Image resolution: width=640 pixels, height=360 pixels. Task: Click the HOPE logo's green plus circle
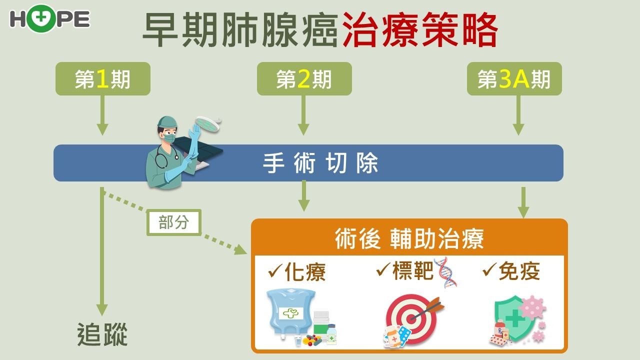click(x=41, y=18)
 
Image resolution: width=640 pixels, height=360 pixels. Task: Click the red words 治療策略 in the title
click(x=419, y=30)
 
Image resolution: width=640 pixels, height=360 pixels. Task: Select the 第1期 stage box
click(x=103, y=79)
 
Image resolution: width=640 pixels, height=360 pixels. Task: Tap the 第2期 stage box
click(x=304, y=79)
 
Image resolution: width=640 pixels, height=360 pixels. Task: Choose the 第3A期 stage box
click(x=514, y=79)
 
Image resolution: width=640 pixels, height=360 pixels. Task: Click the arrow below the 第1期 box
click(x=102, y=115)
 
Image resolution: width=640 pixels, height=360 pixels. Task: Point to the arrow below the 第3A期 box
click(x=518, y=115)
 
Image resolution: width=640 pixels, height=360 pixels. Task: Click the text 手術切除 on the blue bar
click(x=320, y=163)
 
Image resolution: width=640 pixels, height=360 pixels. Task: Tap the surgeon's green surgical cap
click(x=167, y=122)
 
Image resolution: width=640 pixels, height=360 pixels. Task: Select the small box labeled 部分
click(x=173, y=222)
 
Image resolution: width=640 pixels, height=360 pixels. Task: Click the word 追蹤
click(x=102, y=334)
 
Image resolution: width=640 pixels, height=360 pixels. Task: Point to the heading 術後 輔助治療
click(x=409, y=239)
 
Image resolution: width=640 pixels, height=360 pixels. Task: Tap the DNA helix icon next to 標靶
click(x=445, y=272)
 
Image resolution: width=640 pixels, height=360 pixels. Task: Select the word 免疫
click(x=519, y=271)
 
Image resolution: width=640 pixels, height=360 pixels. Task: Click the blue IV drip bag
click(x=290, y=312)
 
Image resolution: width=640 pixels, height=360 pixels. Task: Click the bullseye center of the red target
click(x=411, y=318)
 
